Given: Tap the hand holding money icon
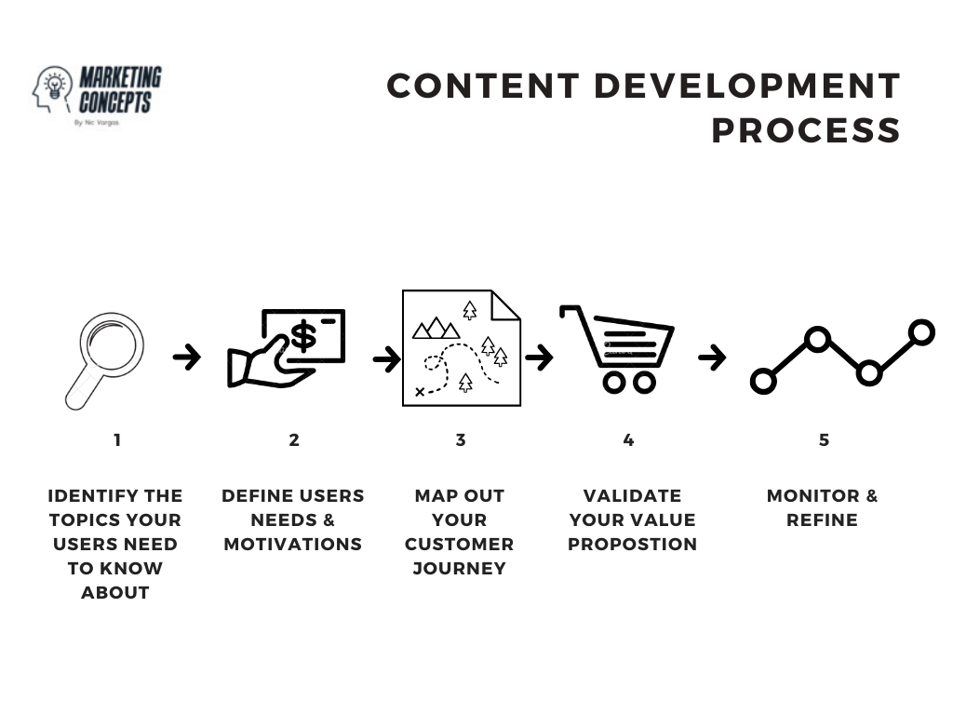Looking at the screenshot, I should (286, 349).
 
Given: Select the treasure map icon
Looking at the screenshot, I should (461, 348).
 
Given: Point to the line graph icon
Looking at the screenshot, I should (842, 357).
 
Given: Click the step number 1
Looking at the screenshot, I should (117, 440).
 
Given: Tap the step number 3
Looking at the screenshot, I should (461, 440).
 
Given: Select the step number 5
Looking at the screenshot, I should (824, 440).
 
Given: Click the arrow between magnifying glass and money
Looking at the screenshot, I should (187, 357).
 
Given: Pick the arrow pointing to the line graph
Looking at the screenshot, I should (712, 357).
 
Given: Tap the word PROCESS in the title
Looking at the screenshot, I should (806, 130).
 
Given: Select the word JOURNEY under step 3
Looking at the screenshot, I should (460, 568).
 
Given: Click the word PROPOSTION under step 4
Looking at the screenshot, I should (632, 544).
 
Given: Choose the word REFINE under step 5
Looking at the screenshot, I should (822, 519).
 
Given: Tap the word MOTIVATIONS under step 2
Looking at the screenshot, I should (293, 544).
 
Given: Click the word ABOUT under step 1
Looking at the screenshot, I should (115, 592).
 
